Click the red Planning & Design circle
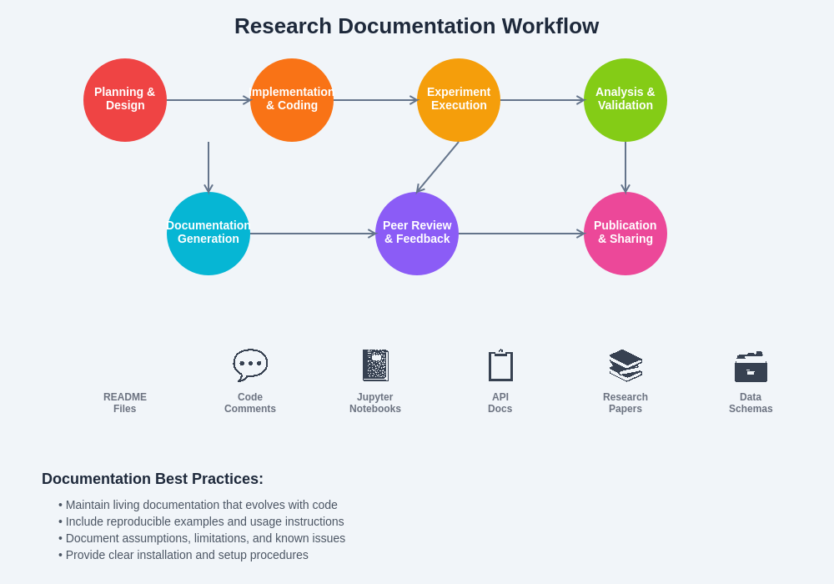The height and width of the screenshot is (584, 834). click(x=125, y=100)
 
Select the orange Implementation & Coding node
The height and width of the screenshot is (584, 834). click(x=292, y=100)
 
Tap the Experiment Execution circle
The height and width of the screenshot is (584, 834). click(x=459, y=100)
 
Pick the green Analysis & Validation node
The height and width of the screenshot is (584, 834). click(x=625, y=100)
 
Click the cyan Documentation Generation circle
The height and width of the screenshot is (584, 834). click(x=208, y=234)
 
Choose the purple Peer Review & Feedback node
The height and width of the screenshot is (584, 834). click(x=417, y=234)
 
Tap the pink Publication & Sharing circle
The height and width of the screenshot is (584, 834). click(x=625, y=234)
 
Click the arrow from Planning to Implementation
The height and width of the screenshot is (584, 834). click(x=208, y=100)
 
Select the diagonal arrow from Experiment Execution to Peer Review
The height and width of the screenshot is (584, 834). click(x=438, y=167)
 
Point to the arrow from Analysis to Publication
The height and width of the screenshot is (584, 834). click(x=625, y=167)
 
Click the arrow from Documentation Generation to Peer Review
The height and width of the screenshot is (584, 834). click(x=313, y=234)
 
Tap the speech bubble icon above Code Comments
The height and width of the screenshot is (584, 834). click(x=250, y=365)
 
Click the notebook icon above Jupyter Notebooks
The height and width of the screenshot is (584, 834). click(x=375, y=365)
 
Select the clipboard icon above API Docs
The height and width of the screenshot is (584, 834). click(x=500, y=365)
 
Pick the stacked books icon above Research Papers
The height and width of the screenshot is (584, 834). click(x=625, y=365)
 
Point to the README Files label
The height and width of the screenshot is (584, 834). click(x=125, y=403)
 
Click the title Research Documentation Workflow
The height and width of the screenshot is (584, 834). click(x=416, y=26)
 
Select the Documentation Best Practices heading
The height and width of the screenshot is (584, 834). click(x=153, y=479)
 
